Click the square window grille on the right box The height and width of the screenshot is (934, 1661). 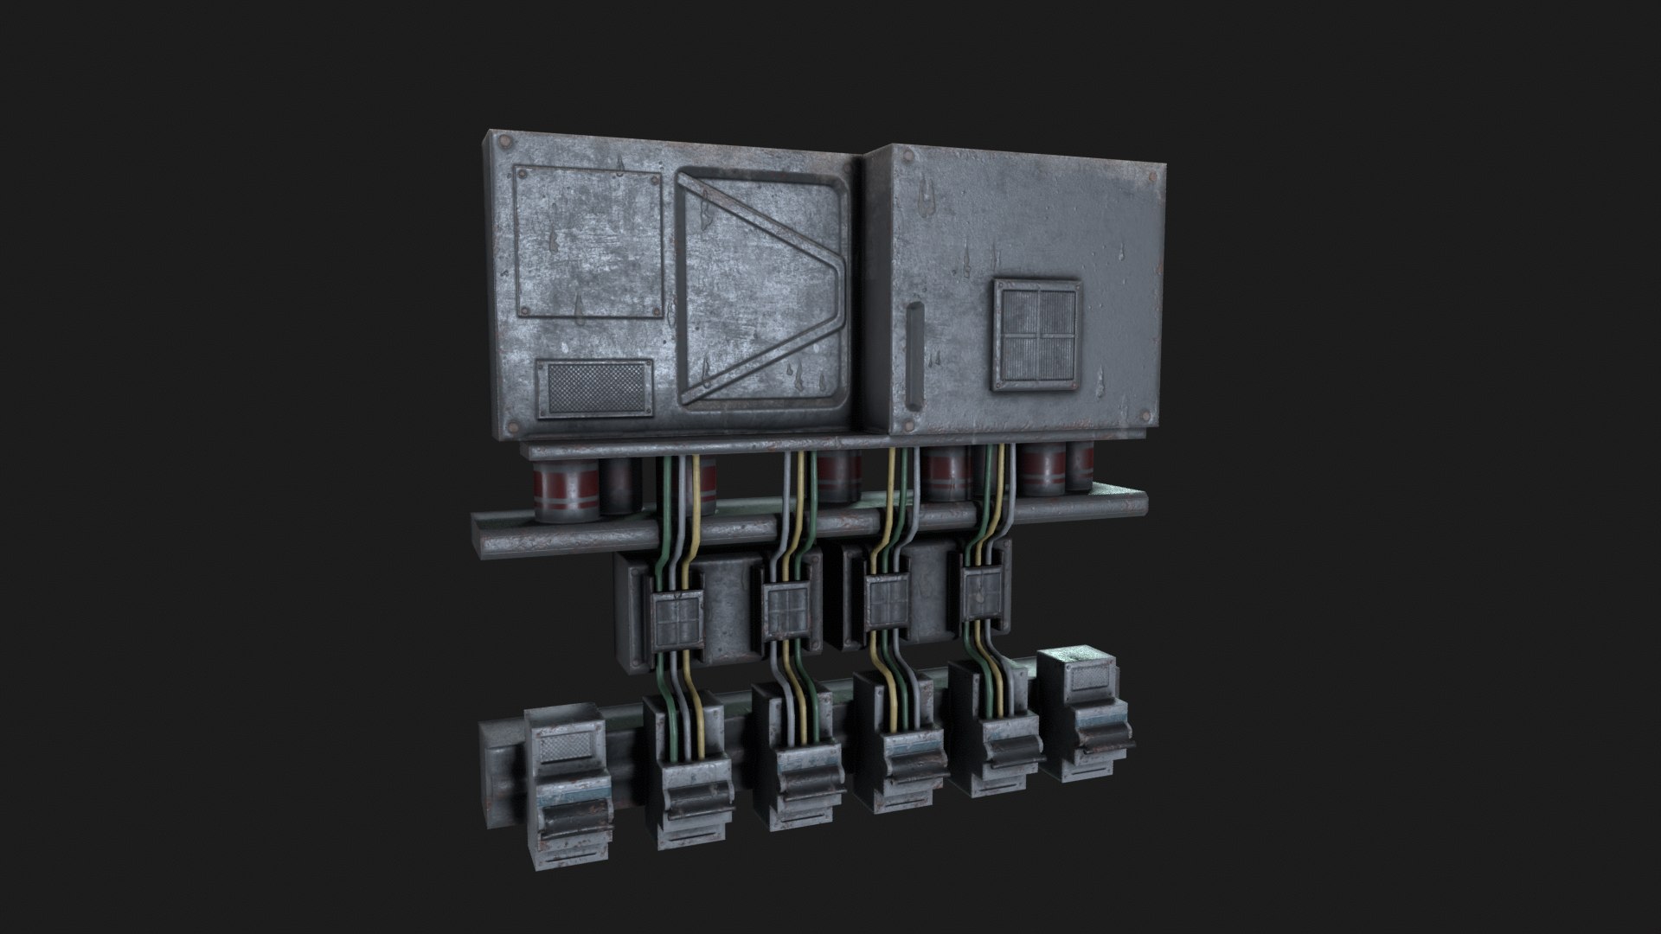[x=1036, y=334]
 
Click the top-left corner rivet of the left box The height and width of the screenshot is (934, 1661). [x=505, y=142]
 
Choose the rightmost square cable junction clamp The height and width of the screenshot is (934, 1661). [x=983, y=595]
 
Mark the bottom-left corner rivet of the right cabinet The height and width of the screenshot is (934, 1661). [x=906, y=425]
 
